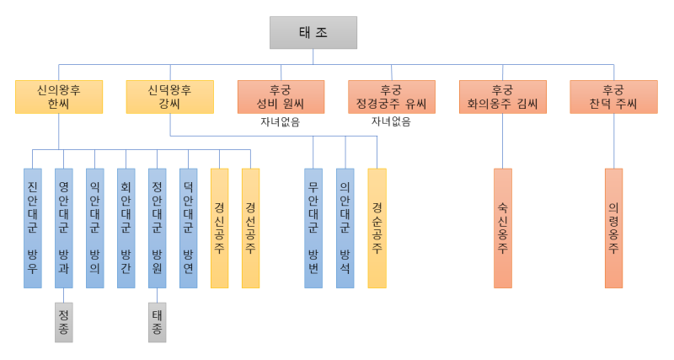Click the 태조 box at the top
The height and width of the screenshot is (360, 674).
point(313,32)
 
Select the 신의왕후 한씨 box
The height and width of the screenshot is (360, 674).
point(59,97)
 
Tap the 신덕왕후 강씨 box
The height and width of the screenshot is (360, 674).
point(169,97)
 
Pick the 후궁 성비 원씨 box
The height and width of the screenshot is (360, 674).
point(281,97)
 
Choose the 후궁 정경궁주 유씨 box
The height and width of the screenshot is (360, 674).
point(392,97)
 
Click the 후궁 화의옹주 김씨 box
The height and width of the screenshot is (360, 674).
point(503,97)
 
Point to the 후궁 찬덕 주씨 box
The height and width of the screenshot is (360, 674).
point(613,97)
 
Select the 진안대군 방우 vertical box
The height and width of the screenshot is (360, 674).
point(33,228)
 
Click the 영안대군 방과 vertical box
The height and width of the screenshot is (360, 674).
point(64,228)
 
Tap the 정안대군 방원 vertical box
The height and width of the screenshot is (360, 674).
point(158,228)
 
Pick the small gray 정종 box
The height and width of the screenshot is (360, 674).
point(64,322)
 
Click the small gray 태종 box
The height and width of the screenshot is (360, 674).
point(158,322)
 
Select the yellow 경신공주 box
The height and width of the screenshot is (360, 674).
point(219,228)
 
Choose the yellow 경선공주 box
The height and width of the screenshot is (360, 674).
point(250,228)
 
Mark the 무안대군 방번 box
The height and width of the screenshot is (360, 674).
point(313,228)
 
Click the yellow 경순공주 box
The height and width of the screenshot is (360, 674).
point(377,228)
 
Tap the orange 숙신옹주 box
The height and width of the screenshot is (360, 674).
point(503,228)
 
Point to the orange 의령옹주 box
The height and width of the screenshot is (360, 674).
point(613,228)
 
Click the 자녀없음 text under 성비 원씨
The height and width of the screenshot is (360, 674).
point(281,122)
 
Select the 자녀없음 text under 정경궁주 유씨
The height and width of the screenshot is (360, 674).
point(392,122)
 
